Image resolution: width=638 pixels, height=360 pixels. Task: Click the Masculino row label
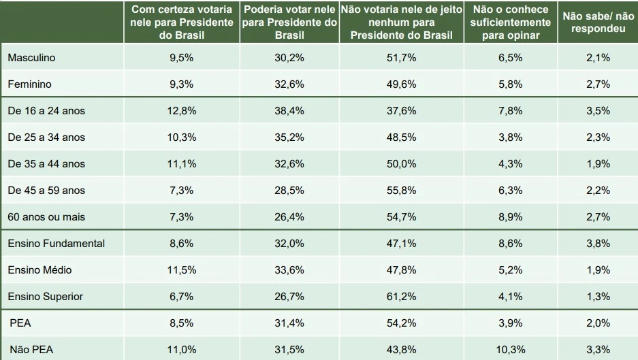click(x=31, y=58)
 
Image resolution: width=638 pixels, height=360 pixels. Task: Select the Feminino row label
click(x=29, y=84)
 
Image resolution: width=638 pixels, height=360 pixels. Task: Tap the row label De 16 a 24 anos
click(x=46, y=110)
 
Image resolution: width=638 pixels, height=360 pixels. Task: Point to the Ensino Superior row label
click(x=46, y=296)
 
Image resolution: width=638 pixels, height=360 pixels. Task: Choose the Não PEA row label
click(x=31, y=349)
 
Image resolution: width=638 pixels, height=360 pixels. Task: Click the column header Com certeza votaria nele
click(x=181, y=22)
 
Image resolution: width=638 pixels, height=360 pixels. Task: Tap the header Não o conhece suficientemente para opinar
click(x=510, y=22)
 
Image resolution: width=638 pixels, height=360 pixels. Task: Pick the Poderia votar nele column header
click(x=289, y=22)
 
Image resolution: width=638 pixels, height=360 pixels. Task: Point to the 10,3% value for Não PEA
click(x=510, y=349)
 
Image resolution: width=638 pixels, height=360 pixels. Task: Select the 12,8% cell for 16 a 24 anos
click(x=181, y=110)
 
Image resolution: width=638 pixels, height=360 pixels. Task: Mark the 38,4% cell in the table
click(x=289, y=110)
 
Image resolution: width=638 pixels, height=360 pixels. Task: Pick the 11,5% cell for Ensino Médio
click(x=181, y=269)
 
